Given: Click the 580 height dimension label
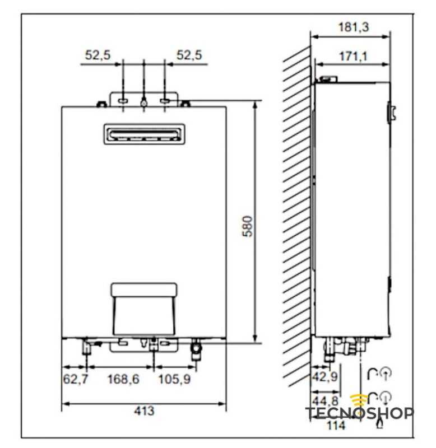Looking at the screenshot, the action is point(247,226).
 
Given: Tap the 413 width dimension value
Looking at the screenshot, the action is point(144,410).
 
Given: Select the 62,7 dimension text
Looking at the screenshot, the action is point(76,379).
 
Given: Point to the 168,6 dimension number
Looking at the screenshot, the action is point(123,379).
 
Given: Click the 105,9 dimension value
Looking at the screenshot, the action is point(174,379).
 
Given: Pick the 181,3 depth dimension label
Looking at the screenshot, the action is point(354,27).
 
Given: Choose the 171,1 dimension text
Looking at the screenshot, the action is point(353,57).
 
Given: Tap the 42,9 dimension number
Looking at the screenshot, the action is point(325,376).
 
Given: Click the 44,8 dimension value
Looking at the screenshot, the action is point(325,401).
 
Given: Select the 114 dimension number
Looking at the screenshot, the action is point(336,426).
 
